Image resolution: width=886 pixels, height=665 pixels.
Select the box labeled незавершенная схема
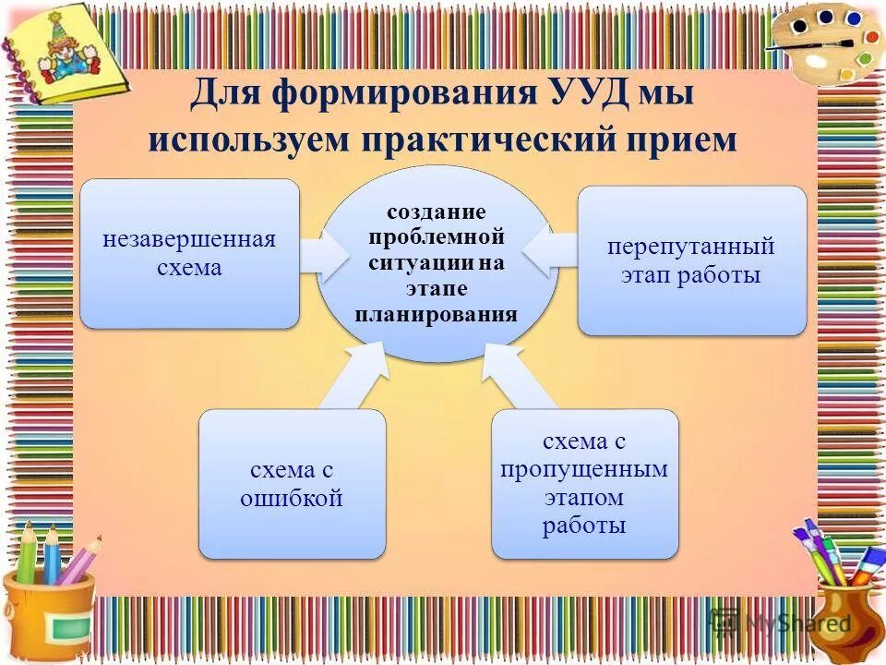[189, 253]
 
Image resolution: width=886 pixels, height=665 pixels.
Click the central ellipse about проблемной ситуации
[437, 263]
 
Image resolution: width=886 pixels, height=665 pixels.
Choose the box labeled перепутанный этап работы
[691, 260]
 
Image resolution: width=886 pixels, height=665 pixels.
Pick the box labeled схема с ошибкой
[292, 484]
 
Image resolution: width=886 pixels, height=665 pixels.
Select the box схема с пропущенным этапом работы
[584, 484]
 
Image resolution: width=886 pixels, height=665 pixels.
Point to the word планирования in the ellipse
[436, 314]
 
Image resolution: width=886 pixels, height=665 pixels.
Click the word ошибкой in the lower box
[292, 500]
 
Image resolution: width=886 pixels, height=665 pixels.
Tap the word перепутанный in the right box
[691, 247]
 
